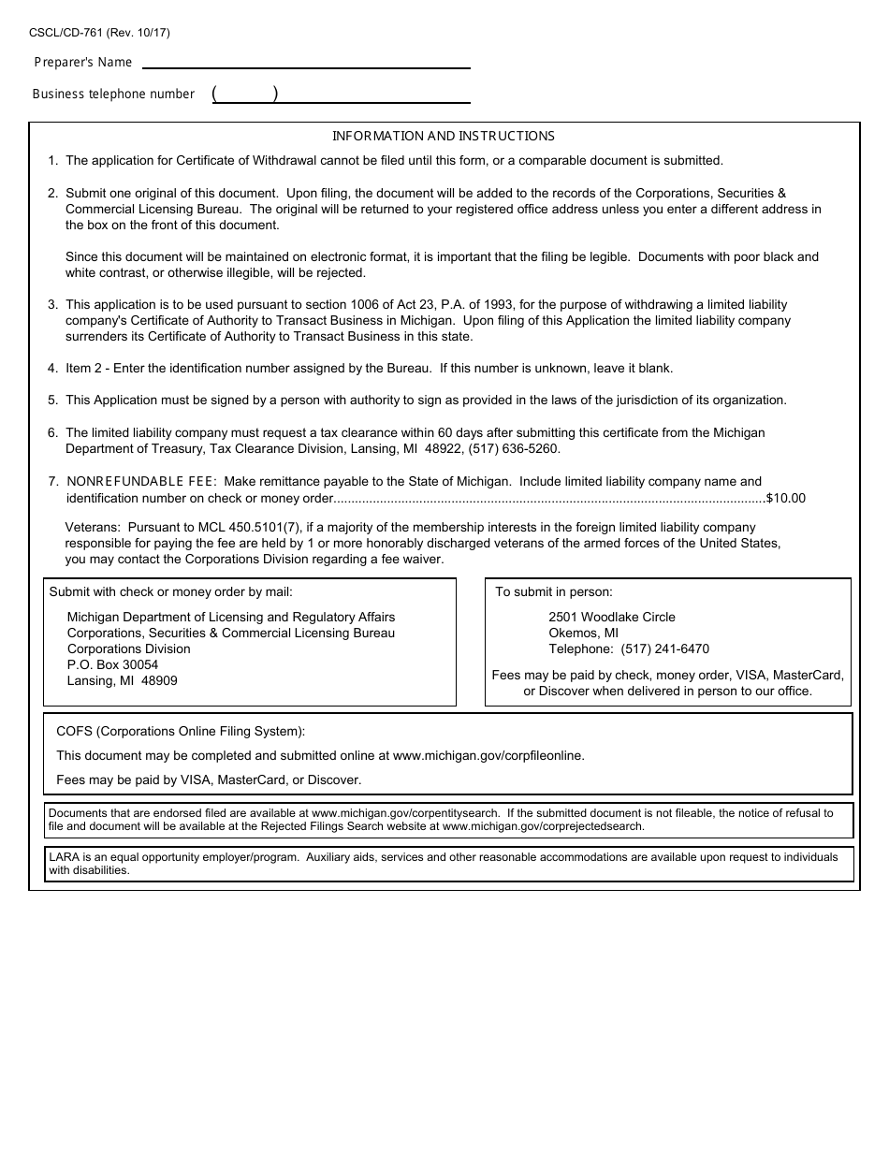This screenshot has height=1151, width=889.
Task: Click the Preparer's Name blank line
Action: point(304,62)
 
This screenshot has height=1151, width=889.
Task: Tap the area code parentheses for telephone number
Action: point(245,94)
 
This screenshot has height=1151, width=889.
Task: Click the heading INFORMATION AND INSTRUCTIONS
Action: point(444,136)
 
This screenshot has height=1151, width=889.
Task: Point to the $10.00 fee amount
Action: point(785,498)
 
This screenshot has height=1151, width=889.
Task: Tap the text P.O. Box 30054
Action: point(112,664)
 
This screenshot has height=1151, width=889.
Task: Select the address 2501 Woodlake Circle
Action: point(611,617)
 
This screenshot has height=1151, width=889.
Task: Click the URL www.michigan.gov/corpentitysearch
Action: point(405,813)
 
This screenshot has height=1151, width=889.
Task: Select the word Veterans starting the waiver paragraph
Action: point(92,528)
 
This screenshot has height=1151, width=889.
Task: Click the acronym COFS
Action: point(74,731)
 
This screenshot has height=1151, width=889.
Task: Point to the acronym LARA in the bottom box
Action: point(63,857)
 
